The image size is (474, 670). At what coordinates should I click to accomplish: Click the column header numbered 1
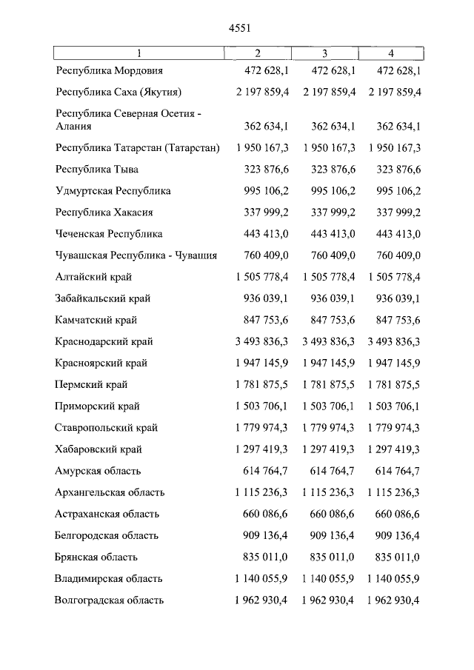tap(138, 53)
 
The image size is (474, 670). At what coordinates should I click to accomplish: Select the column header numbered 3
tap(324, 53)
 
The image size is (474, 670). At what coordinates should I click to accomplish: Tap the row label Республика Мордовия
tap(109, 71)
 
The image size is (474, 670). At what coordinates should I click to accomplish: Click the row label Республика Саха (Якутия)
tap(118, 93)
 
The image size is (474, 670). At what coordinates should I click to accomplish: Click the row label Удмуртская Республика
tap(113, 191)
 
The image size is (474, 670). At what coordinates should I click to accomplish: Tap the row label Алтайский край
tap(95, 277)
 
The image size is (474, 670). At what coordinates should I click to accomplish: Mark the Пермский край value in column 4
tap(393, 385)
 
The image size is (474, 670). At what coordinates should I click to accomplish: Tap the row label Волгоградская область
tap(110, 600)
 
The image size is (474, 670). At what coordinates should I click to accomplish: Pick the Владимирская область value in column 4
tap(393, 578)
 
